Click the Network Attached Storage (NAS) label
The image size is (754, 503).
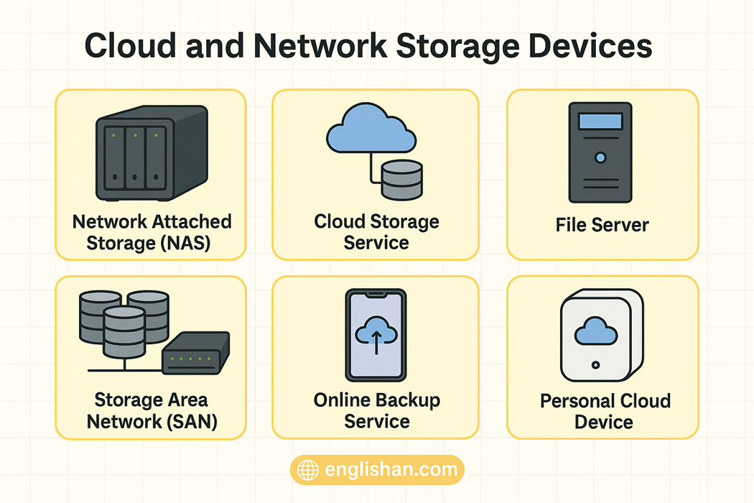point(152,231)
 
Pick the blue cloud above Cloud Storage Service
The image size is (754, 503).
point(371,129)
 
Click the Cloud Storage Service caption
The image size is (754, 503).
point(376,231)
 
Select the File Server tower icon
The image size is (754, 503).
point(600,152)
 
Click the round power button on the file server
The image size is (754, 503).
point(600,157)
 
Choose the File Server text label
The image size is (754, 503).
point(602,225)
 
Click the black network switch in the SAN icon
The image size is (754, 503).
point(196,353)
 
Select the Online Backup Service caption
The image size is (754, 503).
point(376,410)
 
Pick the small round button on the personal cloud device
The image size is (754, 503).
point(595,365)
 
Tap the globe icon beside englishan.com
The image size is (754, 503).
point(308,471)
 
